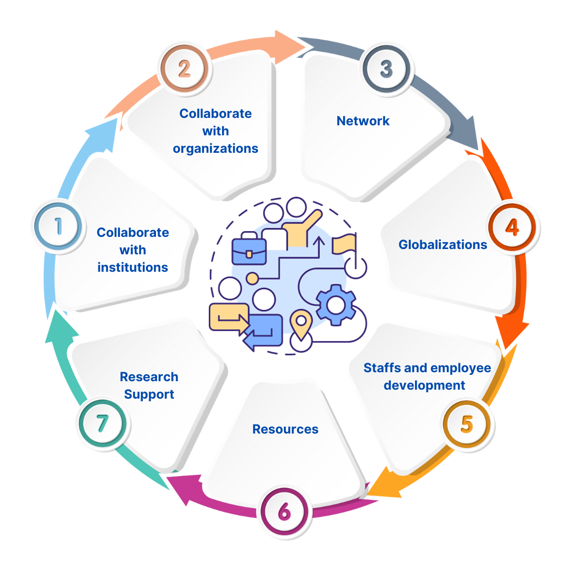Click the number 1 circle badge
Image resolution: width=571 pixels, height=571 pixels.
tap(58, 227)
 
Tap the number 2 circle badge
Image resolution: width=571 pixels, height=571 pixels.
tap(184, 69)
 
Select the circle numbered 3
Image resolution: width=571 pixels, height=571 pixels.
tap(386, 69)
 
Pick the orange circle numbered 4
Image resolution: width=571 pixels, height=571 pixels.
tap(512, 227)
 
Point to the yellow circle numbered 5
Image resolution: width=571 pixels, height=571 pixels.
tap(466, 424)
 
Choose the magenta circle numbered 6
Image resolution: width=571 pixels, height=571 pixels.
tap(284, 512)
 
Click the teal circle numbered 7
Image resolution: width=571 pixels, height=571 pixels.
tap(103, 423)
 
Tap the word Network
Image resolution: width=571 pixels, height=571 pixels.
tap(363, 121)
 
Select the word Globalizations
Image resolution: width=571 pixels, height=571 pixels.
tap(443, 245)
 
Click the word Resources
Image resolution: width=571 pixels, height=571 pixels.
tap(285, 429)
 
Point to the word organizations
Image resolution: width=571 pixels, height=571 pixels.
tap(216, 149)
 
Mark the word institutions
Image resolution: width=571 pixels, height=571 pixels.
tap(133, 268)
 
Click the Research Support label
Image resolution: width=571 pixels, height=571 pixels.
tap(149, 385)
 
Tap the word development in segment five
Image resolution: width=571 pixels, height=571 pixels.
tap(425, 385)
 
